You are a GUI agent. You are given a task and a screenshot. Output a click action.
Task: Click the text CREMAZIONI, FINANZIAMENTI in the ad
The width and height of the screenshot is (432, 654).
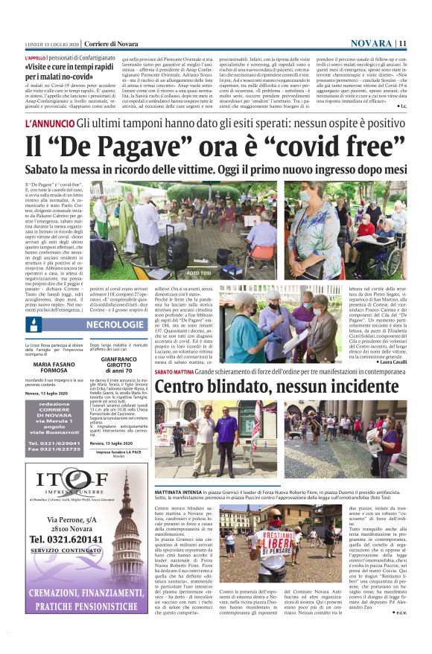(x=77, y=600)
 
